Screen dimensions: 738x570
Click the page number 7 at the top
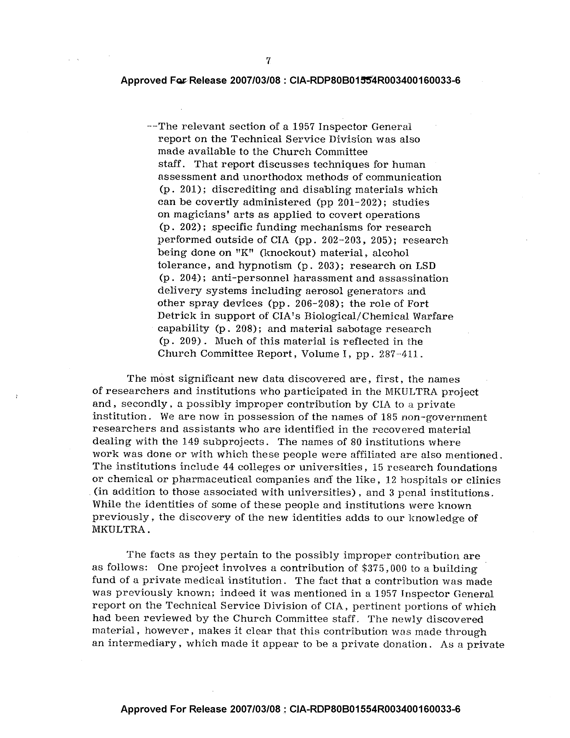(x=269, y=61)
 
